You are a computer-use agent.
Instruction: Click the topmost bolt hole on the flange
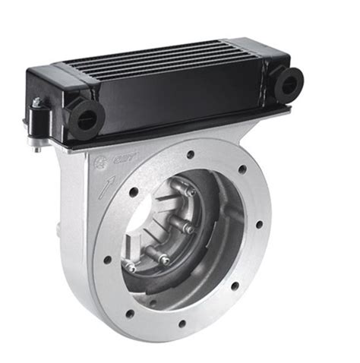pos(190,154)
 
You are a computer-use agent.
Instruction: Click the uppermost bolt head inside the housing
pos(191,192)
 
